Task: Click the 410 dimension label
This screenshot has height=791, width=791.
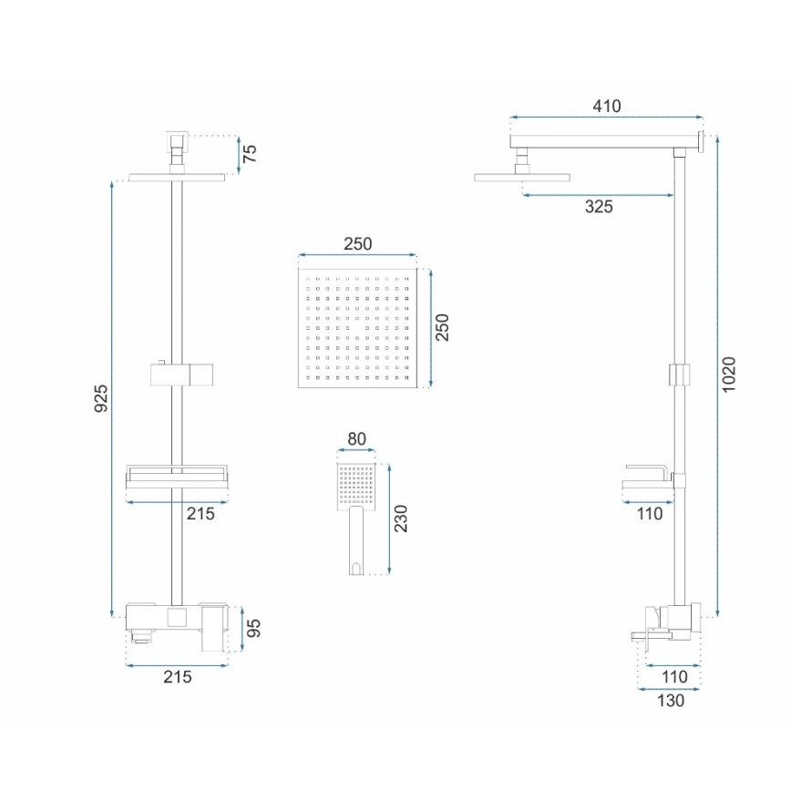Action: [x=606, y=106]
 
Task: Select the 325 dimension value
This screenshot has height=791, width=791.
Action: [x=598, y=207]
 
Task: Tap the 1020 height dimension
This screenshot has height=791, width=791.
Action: [x=728, y=374]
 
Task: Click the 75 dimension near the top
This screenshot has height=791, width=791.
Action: [x=251, y=153]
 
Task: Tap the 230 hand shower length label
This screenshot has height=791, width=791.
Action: [x=402, y=517]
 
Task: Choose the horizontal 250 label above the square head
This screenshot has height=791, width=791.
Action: [x=357, y=244]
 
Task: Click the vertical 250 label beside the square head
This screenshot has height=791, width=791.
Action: [x=442, y=327]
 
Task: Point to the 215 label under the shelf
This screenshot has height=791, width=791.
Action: [x=200, y=514]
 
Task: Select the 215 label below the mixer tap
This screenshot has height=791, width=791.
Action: [x=177, y=676]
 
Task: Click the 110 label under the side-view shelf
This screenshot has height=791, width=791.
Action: [x=649, y=514]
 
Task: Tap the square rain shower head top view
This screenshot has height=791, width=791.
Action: [x=357, y=327]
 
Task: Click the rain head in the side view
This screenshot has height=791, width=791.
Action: [x=522, y=177]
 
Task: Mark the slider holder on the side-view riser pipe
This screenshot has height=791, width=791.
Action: [x=676, y=375]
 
